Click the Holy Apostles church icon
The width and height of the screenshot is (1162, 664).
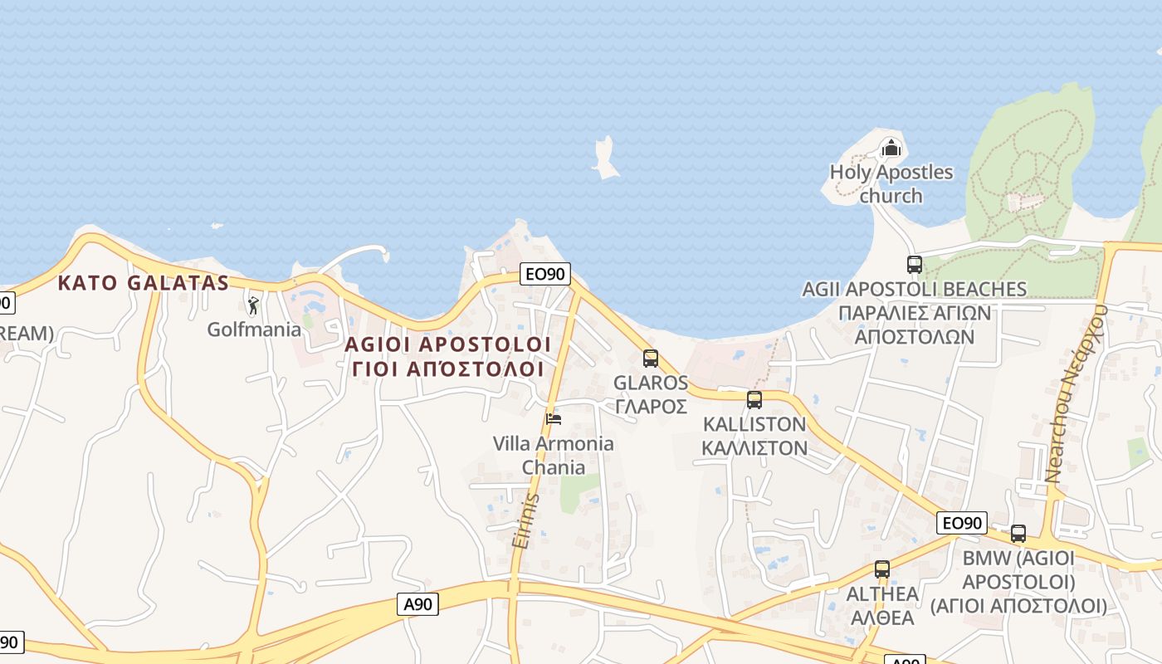(891, 149)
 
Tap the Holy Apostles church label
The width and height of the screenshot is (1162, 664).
(891, 184)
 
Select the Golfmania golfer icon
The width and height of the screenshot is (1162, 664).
(253, 305)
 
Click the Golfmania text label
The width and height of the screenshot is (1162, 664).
(254, 330)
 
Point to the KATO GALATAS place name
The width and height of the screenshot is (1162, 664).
(143, 283)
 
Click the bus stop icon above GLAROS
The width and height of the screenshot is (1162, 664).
(651, 359)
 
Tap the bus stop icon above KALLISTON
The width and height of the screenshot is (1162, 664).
(754, 400)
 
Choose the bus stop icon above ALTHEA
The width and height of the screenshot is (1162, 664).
(882, 569)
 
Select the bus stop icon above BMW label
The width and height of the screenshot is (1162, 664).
(1018, 534)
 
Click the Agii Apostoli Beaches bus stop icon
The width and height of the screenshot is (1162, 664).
(915, 265)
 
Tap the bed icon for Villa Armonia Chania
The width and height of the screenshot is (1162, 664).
(554, 418)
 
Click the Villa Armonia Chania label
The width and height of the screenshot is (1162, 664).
(554, 455)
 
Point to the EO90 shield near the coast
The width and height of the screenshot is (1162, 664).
(545, 274)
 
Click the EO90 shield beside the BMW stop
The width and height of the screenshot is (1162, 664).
(962, 523)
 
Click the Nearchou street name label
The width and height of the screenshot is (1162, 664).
(1077, 394)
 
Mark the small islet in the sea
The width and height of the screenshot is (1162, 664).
(605, 158)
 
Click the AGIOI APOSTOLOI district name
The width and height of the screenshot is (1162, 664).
(447, 344)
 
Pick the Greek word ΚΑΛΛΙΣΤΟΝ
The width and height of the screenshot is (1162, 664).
(754, 448)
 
